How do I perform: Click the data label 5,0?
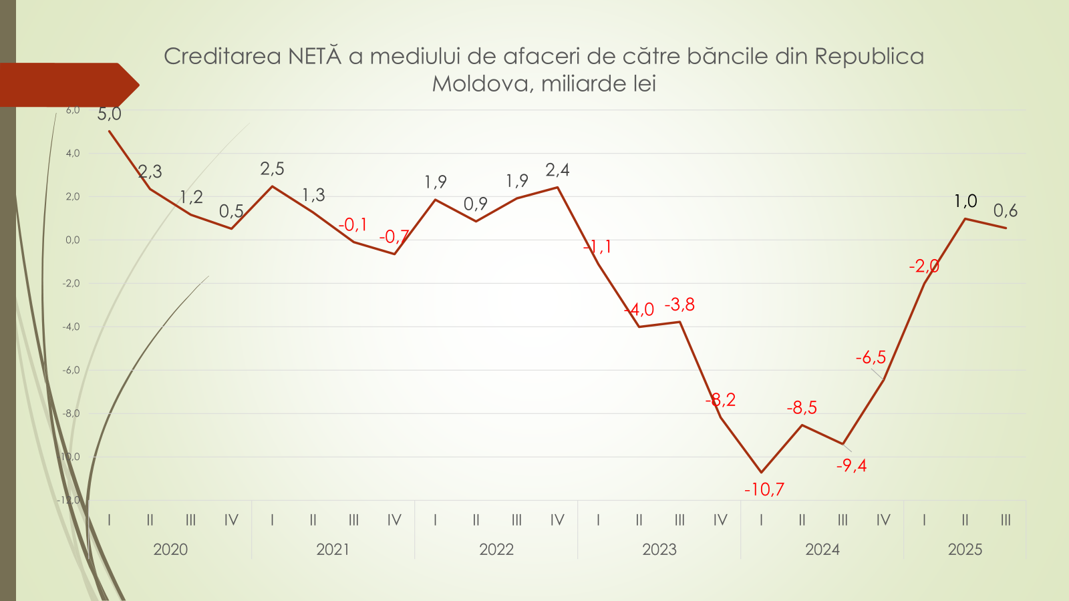pos(109,114)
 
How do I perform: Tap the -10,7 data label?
pos(764,489)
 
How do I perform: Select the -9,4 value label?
pos(851,465)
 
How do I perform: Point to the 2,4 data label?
pos(557,170)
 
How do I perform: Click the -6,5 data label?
pos(871,358)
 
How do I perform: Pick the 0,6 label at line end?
pos(1005,211)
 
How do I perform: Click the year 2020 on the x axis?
pos(170,550)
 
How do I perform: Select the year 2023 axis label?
pos(659,550)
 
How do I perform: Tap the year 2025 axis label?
pos(965,550)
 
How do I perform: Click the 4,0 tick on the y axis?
pos(72,154)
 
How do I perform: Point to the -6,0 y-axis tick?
pos(71,370)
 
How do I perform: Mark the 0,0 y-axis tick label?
pos(72,240)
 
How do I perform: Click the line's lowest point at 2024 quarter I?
pos(761,472)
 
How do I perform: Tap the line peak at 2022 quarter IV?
pos(557,188)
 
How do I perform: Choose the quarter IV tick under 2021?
pos(394,520)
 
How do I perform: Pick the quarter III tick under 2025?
pos(1006,520)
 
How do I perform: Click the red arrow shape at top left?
pos(67,85)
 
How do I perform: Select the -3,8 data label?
pos(679,305)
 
